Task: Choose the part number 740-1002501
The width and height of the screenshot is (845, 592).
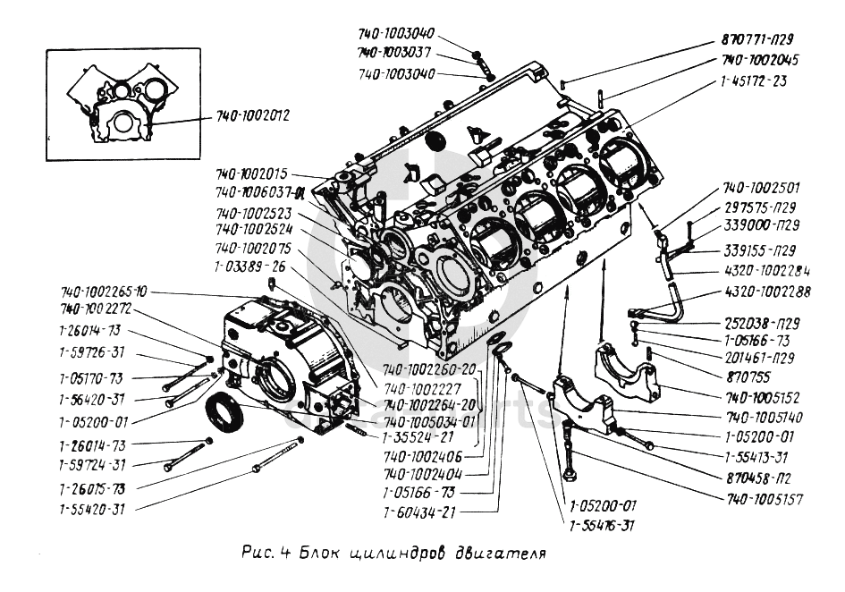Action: (x=762, y=189)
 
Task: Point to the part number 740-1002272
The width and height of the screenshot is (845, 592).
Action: (x=96, y=309)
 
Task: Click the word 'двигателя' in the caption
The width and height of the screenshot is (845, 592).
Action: (x=491, y=552)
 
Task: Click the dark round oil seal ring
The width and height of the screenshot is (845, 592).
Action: (x=224, y=417)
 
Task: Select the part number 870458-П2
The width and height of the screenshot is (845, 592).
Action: (x=759, y=478)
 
